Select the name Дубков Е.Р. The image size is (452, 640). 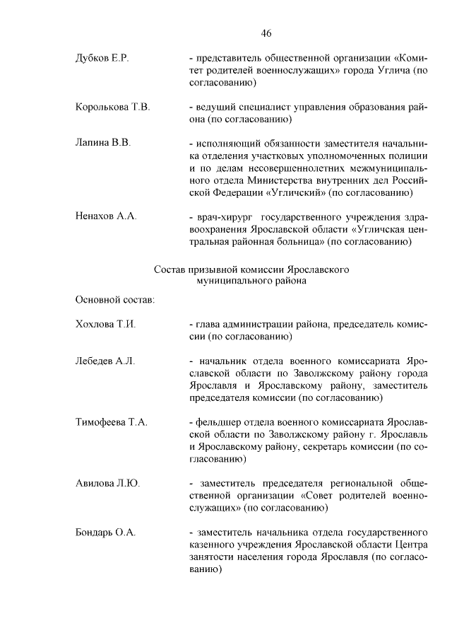point(102,58)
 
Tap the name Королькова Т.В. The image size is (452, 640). point(112,107)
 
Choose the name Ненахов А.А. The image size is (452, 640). point(106,216)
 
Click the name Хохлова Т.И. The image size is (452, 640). point(105,325)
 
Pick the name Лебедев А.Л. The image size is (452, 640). point(105,361)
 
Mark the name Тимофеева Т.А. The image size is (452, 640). point(111,422)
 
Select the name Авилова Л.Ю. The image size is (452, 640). point(107,483)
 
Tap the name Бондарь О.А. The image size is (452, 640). point(105,532)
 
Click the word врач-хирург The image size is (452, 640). point(222,217)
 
